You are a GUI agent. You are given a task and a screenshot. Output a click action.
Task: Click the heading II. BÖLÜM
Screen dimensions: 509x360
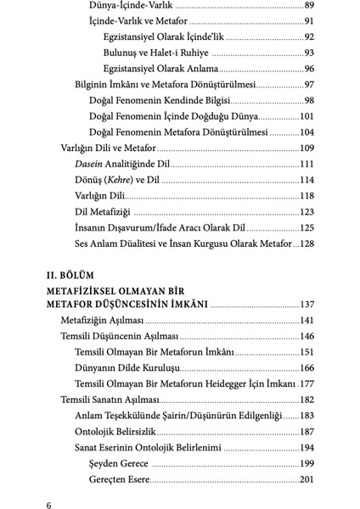pyautogui.click(x=77, y=275)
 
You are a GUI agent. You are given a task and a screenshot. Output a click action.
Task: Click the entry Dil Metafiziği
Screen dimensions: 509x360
pyautogui.click(x=103, y=212)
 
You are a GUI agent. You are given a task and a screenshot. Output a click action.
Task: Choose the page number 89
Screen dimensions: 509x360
pyautogui.click(x=309, y=5)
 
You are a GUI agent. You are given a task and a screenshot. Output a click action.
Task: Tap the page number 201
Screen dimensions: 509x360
pyautogui.click(x=307, y=480)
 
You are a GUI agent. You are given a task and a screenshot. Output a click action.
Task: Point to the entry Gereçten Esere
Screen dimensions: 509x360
pyautogui.click(x=120, y=480)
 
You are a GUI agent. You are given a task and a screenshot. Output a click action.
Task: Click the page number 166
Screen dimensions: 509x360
pyautogui.click(x=307, y=367)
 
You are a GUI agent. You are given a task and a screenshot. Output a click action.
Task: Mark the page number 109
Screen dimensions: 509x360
pyautogui.click(x=307, y=148)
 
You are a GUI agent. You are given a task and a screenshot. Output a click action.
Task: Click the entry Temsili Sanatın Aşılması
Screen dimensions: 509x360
pyautogui.click(x=109, y=400)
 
